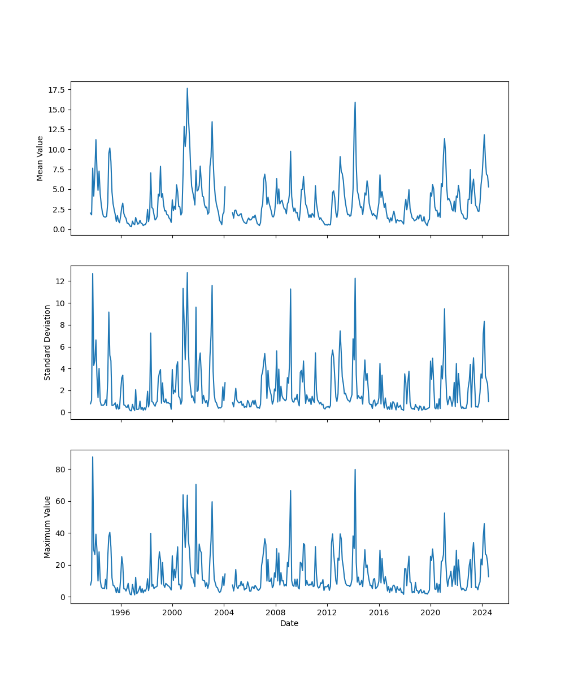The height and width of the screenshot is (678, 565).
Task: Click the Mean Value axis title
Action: coord(40,158)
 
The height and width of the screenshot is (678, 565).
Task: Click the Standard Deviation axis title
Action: coord(47,342)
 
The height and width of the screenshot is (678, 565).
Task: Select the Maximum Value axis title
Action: coord(47,527)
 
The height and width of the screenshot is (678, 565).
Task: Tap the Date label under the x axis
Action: coord(289,623)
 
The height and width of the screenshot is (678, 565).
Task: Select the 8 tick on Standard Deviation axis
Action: coord(63,325)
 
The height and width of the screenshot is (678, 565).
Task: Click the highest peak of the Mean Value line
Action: coord(187,88)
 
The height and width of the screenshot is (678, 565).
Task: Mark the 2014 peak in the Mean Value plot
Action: coord(355,102)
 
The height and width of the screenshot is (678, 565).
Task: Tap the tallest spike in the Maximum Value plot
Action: coord(93,457)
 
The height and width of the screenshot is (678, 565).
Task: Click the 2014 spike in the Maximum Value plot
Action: coord(355,470)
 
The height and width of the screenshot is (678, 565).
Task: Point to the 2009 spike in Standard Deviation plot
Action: coord(290,289)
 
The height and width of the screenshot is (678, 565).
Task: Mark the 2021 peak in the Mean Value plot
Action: coord(445,138)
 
